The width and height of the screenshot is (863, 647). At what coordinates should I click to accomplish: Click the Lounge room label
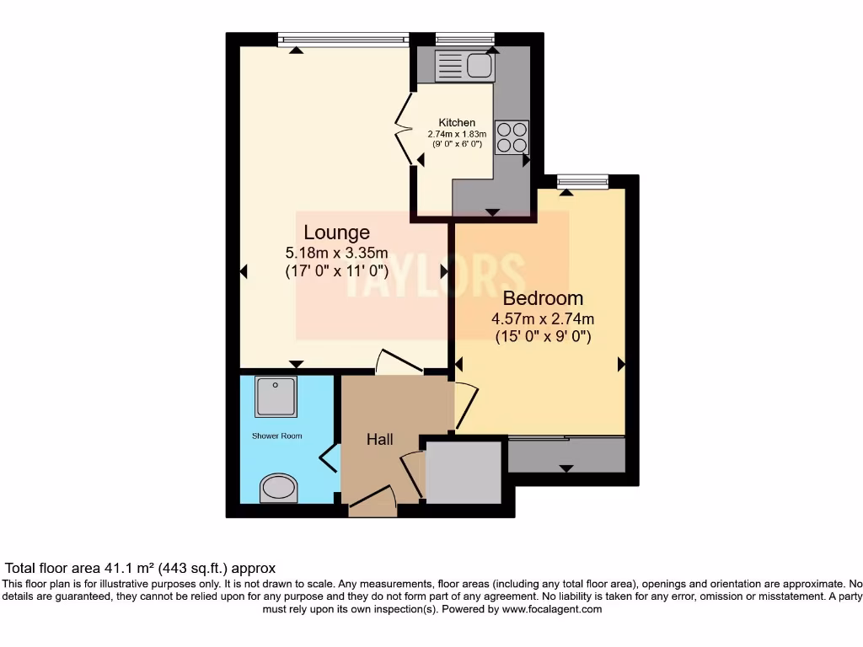pos(336,233)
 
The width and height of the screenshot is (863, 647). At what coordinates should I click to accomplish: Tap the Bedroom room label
pos(543,298)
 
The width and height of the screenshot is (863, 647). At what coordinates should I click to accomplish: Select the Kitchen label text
pos(457,123)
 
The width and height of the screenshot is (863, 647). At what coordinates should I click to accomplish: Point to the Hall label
pos(380,439)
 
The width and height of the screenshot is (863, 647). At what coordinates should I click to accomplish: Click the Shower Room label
pos(276,436)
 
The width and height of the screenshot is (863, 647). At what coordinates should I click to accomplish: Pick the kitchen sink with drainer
pos(464,64)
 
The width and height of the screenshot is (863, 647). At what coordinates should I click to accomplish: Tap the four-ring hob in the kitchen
pos(512,136)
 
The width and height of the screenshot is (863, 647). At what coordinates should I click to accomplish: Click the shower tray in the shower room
pos(276,397)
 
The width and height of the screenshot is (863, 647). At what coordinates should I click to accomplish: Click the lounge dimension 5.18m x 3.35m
pos(336,252)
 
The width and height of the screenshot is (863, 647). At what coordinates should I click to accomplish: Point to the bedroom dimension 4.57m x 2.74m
pos(543,318)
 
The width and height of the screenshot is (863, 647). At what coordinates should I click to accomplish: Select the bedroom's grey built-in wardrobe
pos(566,455)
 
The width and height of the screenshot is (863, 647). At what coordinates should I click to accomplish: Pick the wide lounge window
pos(343,38)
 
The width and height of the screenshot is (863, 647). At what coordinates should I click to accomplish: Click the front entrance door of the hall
pos(372,503)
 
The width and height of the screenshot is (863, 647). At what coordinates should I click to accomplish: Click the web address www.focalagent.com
pos(552,608)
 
